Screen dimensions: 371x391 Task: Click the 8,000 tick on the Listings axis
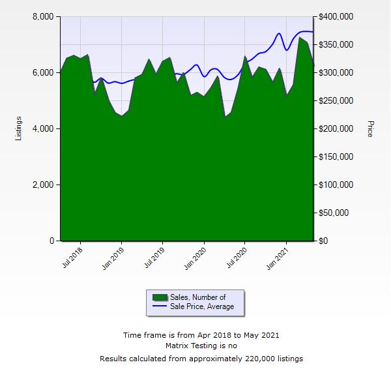click(x=43, y=16)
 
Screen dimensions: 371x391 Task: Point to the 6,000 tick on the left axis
click(x=43, y=72)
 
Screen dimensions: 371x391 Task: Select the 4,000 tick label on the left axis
click(x=43, y=128)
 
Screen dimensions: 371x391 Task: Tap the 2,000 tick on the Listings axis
click(x=43, y=185)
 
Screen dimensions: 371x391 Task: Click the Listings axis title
click(x=18, y=128)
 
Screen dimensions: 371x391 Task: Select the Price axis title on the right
click(x=370, y=128)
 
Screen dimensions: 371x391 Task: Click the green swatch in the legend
click(x=160, y=297)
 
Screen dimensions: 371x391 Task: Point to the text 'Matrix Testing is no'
click(x=201, y=346)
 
